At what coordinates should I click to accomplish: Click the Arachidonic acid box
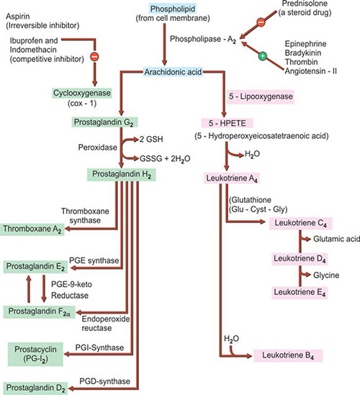coord(173,72)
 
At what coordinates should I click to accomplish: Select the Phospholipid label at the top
coord(173,9)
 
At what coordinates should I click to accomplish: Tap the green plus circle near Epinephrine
coord(262,55)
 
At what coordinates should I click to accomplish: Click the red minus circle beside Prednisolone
coord(261,22)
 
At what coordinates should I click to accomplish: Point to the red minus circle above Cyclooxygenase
coord(94,56)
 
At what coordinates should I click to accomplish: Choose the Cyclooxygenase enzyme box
coord(82,94)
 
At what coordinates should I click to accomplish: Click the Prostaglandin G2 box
coord(104,122)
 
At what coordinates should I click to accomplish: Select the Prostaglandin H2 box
coord(121,175)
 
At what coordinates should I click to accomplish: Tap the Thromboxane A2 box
coord(32,230)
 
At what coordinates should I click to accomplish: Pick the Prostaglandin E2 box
coord(35,267)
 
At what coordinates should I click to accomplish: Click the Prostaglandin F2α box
coord(39,312)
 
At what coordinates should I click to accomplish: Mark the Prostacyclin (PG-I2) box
coord(35,354)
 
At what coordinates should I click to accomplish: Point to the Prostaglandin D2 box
coord(35,389)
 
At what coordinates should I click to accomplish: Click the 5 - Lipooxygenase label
coord(261,96)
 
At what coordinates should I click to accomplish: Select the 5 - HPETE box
coord(227,123)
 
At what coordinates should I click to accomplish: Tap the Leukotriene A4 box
coord(231,178)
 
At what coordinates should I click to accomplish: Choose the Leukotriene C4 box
coord(300,223)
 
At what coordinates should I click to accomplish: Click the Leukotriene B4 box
coord(288,355)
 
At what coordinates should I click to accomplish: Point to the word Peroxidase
coord(98,147)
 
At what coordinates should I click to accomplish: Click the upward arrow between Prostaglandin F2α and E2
coord(29,289)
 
